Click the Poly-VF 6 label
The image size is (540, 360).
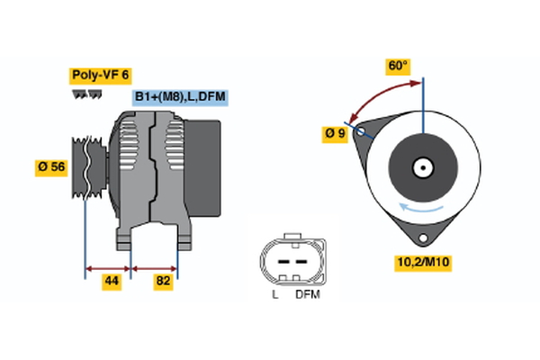(x=99, y=76)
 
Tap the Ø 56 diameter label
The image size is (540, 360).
(x=50, y=167)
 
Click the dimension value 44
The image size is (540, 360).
(x=111, y=282)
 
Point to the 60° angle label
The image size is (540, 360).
(x=397, y=66)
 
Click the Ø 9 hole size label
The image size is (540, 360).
(x=335, y=134)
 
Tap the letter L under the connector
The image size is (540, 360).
(x=275, y=294)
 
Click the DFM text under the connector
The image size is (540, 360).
(x=307, y=294)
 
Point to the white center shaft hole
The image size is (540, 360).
(x=422, y=166)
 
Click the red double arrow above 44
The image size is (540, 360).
(x=108, y=267)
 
